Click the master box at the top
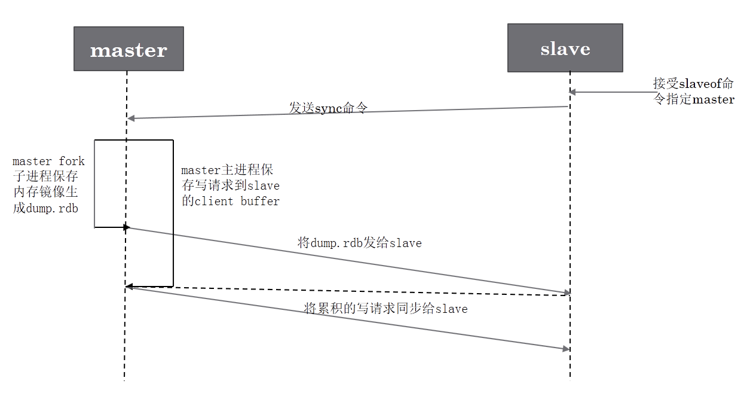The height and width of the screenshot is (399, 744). click(x=128, y=49)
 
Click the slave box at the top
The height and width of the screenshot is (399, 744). click(x=565, y=48)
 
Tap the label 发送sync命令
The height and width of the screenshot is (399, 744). click(x=328, y=108)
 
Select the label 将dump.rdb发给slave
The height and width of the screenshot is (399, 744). click(x=359, y=243)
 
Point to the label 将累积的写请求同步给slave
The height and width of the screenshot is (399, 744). click(x=385, y=309)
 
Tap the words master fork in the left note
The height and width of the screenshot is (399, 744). click(x=48, y=162)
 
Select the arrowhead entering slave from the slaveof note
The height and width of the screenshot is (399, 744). click(x=572, y=92)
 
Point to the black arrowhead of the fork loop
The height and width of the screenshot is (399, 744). click(x=126, y=227)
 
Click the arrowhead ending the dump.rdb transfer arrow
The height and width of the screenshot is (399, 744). click(x=566, y=293)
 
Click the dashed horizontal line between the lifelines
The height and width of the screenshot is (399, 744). click(x=347, y=290)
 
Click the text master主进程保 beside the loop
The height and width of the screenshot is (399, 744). click(x=227, y=170)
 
